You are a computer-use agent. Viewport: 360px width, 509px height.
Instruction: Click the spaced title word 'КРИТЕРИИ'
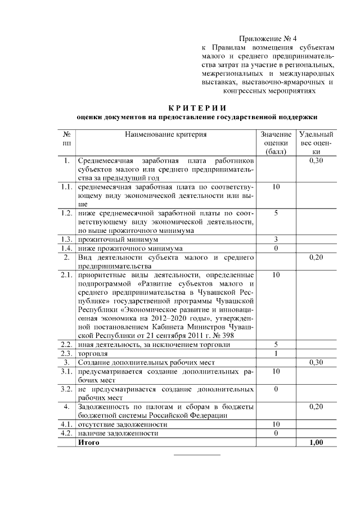click(197, 108)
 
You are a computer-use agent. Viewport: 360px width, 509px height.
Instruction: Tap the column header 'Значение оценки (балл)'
click(276, 143)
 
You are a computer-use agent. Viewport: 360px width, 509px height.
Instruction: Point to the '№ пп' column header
click(66, 139)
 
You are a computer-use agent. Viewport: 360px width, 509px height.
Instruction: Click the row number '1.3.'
click(66, 239)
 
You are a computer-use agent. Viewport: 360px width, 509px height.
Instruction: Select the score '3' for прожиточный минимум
click(276, 239)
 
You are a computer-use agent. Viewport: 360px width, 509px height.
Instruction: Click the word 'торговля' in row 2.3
click(93, 353)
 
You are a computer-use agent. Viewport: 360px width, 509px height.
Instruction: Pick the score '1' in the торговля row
click(276, 353)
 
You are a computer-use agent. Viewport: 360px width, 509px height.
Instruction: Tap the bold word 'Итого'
click(88, 443)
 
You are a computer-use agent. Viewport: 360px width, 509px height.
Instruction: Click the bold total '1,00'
click(317, 443)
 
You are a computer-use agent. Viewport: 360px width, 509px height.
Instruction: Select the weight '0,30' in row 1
click(317, 161)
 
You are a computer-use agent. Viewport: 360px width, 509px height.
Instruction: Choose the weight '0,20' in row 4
click(317, 406)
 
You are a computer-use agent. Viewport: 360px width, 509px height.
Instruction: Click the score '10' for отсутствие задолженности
click(276, 424)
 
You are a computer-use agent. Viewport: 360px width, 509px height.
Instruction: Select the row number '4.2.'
click(66, 433)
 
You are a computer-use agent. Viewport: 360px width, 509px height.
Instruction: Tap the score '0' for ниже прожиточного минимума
click(276, 248)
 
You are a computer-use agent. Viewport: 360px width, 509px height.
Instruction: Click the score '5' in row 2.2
click(276, 344)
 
